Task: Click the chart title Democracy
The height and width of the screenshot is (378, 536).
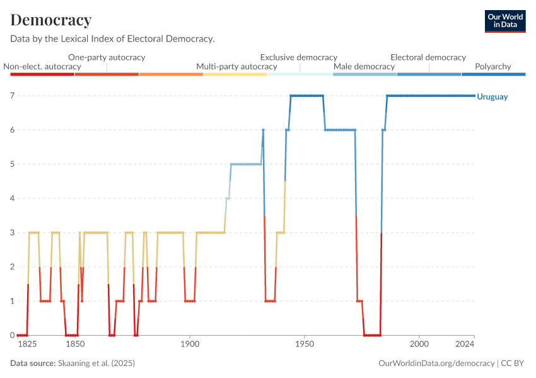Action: [51, 20]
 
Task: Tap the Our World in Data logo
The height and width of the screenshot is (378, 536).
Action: [505, 21]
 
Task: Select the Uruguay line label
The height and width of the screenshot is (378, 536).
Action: [492, 96]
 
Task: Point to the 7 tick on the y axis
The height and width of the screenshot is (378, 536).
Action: [12, 96]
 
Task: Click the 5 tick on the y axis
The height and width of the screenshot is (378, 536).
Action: [12, 164]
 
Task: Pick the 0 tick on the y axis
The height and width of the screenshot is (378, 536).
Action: [12, 335]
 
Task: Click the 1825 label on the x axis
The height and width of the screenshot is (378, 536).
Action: [27, 345]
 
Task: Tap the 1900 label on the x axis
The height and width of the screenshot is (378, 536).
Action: [190, 345]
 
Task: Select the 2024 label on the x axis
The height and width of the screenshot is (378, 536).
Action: [465, 345]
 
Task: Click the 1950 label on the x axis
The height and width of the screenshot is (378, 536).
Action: [305, 345]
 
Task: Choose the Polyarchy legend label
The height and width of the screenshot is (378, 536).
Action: [493, 66]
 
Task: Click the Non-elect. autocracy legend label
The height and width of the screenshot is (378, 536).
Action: [42, 66]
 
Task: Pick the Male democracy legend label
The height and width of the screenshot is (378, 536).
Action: [364, 66]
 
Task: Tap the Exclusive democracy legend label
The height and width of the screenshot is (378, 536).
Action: [299, 57]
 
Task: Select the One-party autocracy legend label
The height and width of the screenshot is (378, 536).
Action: [107, 57]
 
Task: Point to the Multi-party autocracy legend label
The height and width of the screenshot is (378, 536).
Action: [236, 66]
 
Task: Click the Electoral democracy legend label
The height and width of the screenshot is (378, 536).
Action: [428, 57]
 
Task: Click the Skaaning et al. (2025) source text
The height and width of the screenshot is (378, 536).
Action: [96, 364]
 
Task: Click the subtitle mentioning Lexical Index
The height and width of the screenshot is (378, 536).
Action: [113, 39]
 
